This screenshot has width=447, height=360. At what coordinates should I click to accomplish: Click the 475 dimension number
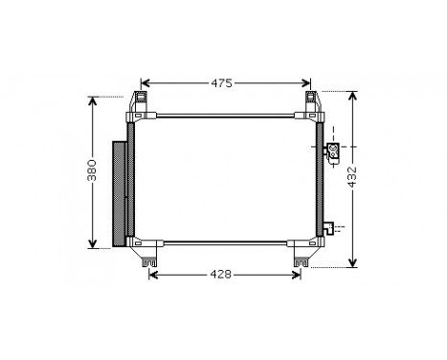coord(222,82)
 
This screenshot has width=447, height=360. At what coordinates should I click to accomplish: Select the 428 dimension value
coord(221,275)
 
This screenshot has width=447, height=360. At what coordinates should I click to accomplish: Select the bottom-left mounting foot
coord(147,257)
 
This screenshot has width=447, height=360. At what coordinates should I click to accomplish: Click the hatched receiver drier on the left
coord(121,191)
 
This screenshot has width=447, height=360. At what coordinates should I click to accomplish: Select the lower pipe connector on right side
coord(328,229)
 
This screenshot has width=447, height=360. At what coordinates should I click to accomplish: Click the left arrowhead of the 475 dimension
coord(145,82)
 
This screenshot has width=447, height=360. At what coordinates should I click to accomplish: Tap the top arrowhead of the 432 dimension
coord(353,96)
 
